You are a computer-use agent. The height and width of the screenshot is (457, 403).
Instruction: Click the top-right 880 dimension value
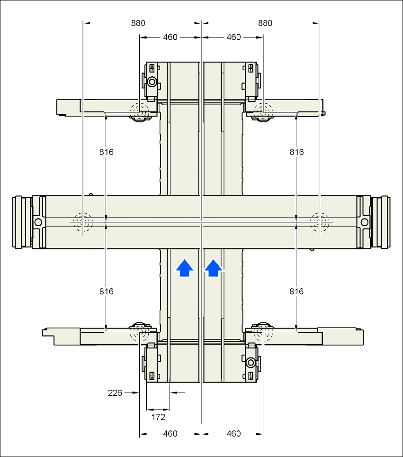click(266, 23)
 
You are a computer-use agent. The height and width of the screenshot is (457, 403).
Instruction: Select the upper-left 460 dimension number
click(170, 37)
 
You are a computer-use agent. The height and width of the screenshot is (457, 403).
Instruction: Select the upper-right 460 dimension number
click(233, 37)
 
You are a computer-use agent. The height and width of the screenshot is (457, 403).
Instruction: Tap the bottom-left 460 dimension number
click(170, 434)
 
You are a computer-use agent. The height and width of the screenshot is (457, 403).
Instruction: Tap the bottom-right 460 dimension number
click(233, 434)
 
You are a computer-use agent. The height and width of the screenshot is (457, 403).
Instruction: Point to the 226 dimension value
click(115, 393)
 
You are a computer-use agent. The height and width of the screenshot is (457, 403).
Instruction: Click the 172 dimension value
click(158, 417)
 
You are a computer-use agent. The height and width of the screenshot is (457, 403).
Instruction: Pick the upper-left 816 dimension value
click(107, 152)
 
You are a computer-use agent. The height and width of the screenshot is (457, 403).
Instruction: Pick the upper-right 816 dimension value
click(296, 152)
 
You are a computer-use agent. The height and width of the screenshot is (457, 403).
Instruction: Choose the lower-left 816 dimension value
click(107, 292)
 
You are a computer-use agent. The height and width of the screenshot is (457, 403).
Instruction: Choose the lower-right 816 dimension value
click(296, 292)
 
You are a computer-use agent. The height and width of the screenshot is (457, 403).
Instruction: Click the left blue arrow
click(185, 268)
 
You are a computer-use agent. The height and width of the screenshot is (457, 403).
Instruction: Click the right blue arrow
click(214, 268)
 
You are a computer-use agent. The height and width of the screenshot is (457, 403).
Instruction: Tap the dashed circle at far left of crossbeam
click(82, 221)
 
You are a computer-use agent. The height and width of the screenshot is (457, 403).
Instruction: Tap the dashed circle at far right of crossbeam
click(320, 221)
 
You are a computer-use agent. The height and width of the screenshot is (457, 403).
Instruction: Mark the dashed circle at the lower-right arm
click(263, 333)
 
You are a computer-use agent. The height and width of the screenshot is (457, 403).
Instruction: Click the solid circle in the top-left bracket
click(152, 82)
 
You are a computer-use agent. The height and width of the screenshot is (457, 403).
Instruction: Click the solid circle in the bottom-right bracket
click(251, 363)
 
